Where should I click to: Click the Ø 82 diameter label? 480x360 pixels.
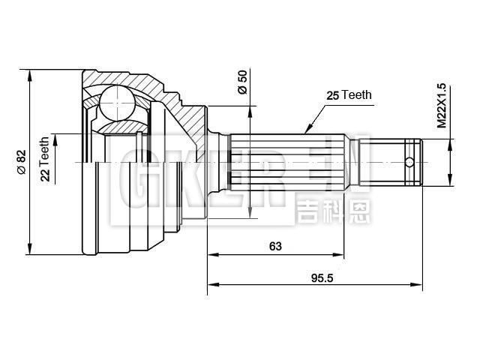[21, 163]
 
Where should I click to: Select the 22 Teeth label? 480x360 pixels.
[45, 159]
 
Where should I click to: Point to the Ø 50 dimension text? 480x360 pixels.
[241, 82]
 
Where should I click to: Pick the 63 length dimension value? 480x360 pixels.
[277, 246]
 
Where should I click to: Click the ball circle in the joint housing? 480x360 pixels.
[116, 101]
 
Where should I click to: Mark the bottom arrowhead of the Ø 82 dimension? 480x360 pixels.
[31, 250]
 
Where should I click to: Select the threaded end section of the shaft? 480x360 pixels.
[394, 161]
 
